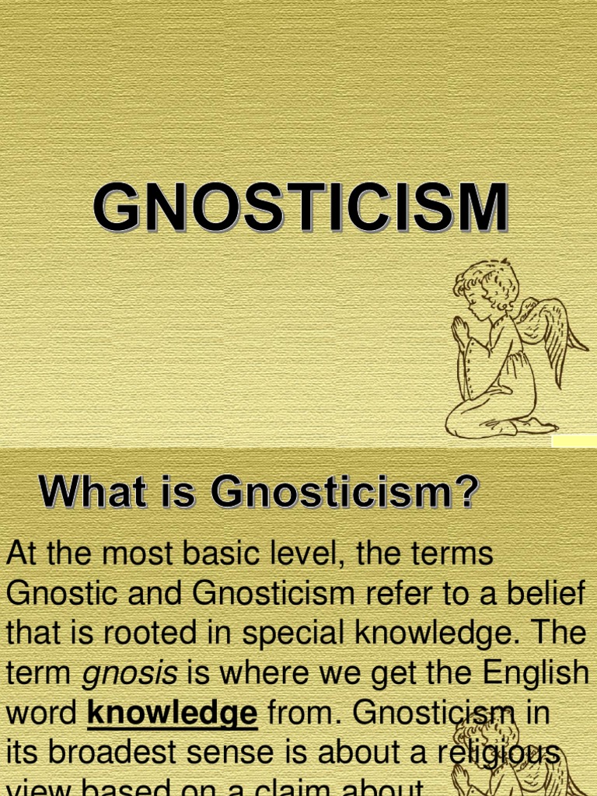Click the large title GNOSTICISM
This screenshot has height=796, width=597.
(301, 208)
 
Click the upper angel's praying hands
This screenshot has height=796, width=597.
(461, 331)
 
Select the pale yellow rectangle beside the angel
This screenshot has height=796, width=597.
(574, 441)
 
